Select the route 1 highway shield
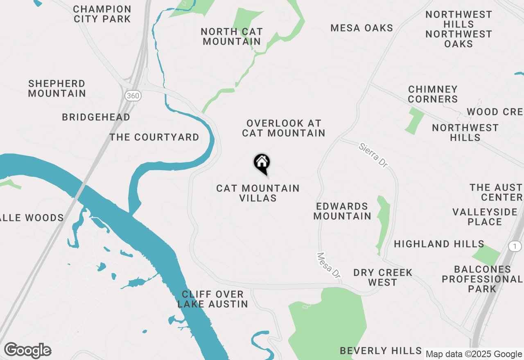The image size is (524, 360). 515,246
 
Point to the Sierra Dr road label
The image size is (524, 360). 373,155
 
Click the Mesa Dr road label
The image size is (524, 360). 329,265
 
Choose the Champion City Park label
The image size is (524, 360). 102,14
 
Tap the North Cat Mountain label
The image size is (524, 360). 232,36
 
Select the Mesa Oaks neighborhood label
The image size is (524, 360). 362,28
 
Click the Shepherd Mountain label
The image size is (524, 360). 57,88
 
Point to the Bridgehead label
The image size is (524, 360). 96,117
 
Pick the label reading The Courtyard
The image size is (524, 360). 154,137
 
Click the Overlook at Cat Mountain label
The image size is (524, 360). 284,128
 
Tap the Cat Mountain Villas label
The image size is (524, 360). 258,193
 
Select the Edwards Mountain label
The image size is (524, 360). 342,211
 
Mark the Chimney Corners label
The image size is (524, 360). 433,94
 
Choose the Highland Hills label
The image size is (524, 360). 439,244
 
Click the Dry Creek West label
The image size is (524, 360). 383,277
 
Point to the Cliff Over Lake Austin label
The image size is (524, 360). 213,299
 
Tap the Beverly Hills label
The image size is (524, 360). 381,351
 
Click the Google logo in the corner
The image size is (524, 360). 27,351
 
